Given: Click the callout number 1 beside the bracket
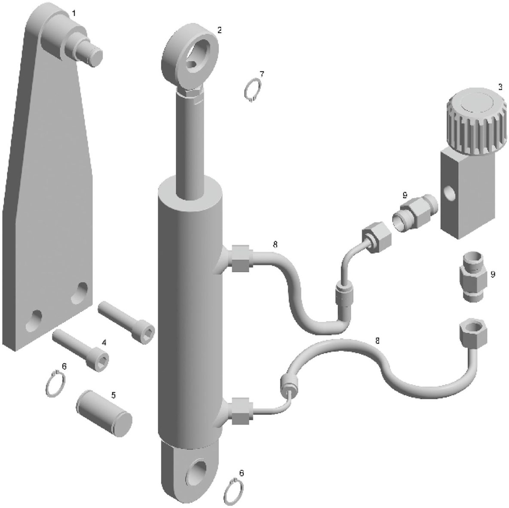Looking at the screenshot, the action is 74,13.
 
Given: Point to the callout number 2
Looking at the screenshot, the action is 220,30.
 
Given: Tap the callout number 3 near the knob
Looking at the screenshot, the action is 500,87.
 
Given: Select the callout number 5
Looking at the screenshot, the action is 113,395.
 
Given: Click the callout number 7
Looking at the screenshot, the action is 262,74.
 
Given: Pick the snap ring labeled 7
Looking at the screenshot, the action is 252,89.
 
